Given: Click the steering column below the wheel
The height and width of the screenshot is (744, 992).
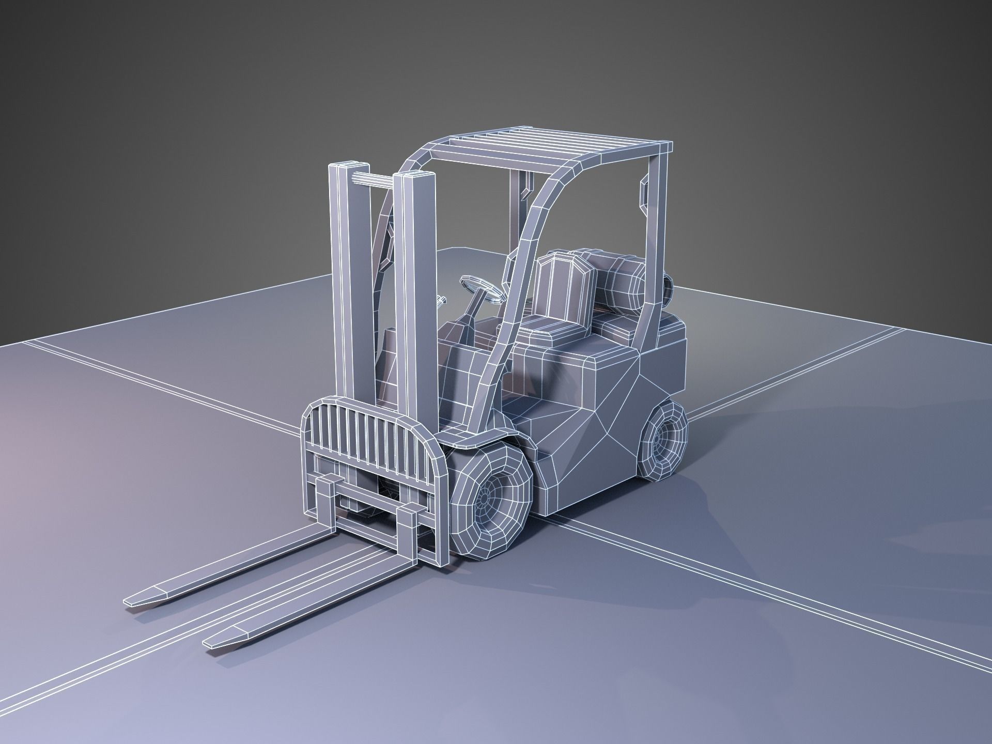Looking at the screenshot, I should (x=473, y=315).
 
